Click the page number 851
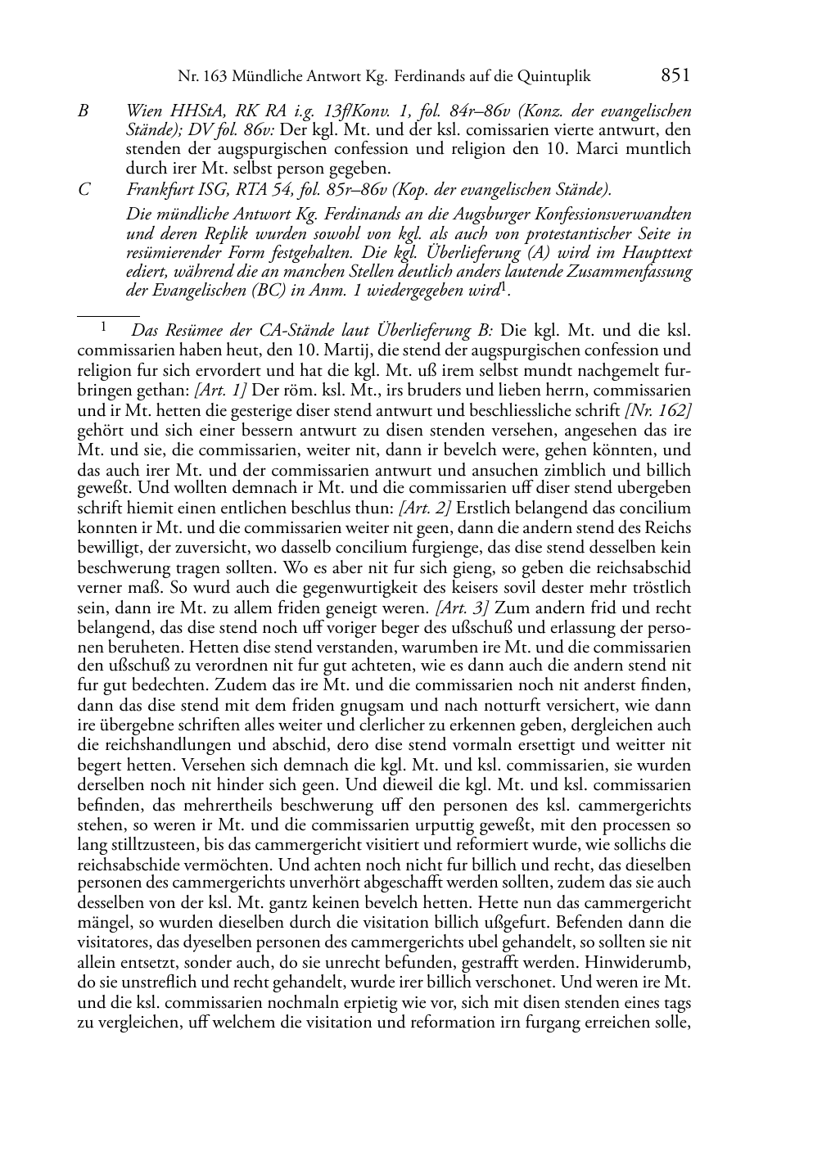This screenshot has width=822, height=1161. click(x=675, y=76)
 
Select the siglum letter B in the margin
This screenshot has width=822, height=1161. click(x=83, y=111)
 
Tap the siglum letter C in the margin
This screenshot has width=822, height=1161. click(x=84, y=190)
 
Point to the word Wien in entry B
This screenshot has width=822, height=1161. click(x=142, y=111)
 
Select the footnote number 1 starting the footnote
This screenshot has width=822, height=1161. click(x=103, y=329)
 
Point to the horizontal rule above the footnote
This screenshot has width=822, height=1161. click(x=108, y=314)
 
